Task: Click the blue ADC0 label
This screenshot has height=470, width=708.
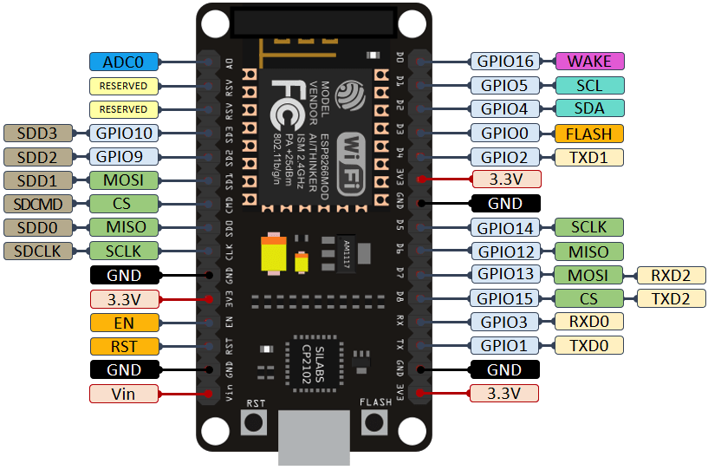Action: (x=124, y=62)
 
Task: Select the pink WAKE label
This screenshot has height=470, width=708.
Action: (x=589, y=62)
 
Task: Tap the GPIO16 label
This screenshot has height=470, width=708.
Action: (x=504, y=62)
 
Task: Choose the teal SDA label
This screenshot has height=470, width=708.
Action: (x=589, y=109)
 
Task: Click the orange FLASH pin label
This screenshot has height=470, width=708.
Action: (x=589, y=134)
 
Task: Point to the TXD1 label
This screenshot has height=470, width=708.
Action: (x=589, y=157)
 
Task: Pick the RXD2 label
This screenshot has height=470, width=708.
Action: (x=672, y=276)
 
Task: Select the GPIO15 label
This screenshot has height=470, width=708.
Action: (x=504, y=299)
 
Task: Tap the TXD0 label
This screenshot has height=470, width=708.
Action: (x=589, y=346)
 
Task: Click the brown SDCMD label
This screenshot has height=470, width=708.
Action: (x=39, y=204)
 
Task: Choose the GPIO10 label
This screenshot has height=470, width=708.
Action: (x=124, y=133)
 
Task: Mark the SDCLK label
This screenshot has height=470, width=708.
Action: (x=39, y=251)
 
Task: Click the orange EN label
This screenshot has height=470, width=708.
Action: (x=124, y=323)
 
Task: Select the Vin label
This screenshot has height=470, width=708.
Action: (x=124, y=394)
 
